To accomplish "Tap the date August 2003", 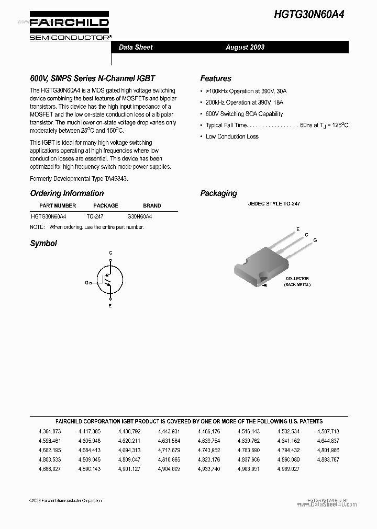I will pos(245,47).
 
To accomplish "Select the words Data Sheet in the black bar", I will pos(136,47).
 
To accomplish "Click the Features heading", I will pos(216,78).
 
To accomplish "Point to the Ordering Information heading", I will pos(67,193).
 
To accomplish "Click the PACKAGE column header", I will pos(105,205).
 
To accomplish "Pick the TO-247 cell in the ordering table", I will pos(95,216).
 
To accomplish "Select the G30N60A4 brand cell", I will pos(140,216).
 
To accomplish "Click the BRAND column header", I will pos(152,205).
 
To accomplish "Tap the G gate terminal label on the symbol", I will pos(86,282).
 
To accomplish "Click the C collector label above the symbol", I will pos(110,253).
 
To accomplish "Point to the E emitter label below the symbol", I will pos(110,306).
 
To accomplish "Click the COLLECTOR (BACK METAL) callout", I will pos(297,281).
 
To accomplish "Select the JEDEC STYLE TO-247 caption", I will pos(274,204).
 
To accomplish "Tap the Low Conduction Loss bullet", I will pos(232,136).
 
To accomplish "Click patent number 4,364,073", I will pos(50,431).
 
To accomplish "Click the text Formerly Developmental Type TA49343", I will pos(79,178).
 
